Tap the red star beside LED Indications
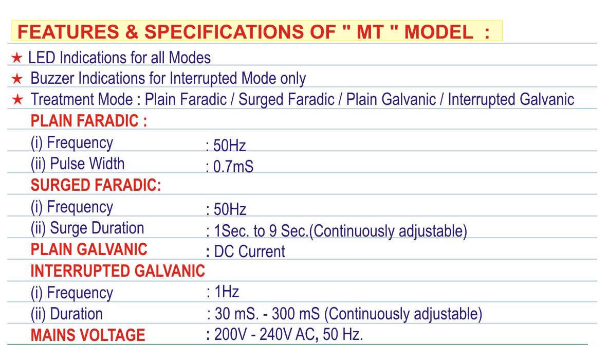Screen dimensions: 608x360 (16, 58)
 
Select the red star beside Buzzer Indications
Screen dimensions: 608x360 (17, 79)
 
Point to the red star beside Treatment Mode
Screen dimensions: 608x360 (17, 100)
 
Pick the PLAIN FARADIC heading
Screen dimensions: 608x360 (89, 121)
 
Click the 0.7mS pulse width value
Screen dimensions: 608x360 (233, 167)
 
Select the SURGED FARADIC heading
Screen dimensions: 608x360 (96, 185)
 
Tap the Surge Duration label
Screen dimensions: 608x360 (97, 228)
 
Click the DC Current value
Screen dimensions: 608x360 (250, 251)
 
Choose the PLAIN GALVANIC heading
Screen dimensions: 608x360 (89, 249)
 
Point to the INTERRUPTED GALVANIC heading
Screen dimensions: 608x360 (118, 271)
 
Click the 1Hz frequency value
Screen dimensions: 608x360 (227, 292)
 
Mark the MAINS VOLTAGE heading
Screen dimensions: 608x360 (88, 335)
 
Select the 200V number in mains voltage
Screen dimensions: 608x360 (230, 334)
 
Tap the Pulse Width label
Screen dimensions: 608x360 (87, 164)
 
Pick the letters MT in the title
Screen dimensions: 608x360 (371, 31)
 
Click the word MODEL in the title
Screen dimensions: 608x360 (438, 31)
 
